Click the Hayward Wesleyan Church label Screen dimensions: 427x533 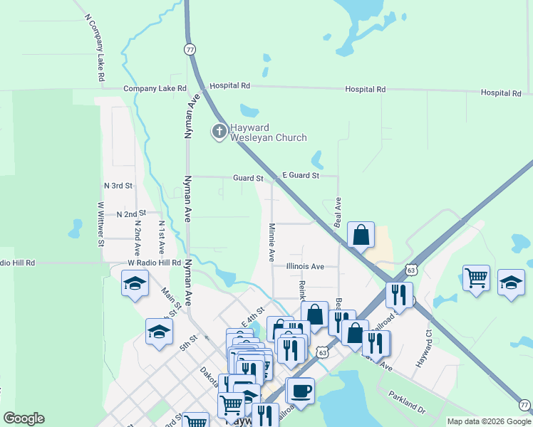(267, 133)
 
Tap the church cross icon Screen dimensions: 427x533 (218, 131)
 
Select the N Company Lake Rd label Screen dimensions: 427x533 (95, 46)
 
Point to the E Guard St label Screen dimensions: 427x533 (300, 175)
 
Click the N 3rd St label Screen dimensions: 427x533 (118, 185)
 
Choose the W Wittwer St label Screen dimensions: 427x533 (100, 223)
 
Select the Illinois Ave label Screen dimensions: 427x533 (305, 266)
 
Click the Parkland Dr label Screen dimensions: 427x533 (406, 404)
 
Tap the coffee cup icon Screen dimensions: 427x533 (300, 391)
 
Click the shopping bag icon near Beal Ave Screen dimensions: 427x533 (361, 234)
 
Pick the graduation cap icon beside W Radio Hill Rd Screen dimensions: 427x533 (133, 285)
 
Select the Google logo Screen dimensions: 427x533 (24, 418)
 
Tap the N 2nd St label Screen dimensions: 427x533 (130, 213)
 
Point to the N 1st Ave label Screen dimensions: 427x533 (162, 237)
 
